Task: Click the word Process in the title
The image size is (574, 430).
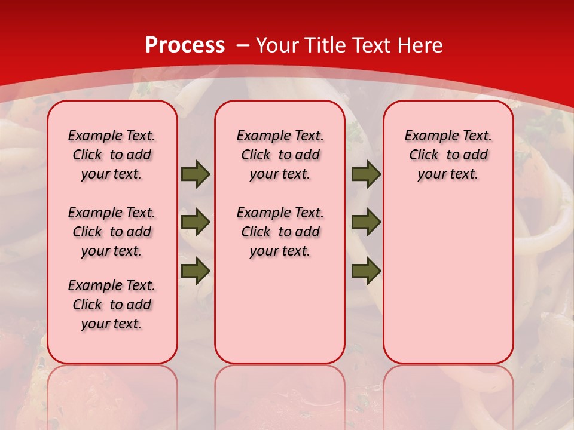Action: coord(185,45)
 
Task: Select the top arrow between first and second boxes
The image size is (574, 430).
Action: coord(195,174)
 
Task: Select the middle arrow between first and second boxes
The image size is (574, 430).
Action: coord(195,222)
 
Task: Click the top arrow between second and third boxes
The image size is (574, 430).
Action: coord(366,174)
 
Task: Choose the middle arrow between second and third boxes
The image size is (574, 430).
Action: coord(366,222)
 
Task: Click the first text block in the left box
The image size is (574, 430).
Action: coord(112,155)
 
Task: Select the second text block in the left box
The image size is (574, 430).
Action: coord(112,232)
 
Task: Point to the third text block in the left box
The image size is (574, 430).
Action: coord(112,305)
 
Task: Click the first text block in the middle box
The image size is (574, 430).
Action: coord(280,155)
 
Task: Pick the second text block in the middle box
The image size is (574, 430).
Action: coord(280,232)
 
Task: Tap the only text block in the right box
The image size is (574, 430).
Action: coord(448,155)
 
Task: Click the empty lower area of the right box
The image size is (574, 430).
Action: coord(448,281)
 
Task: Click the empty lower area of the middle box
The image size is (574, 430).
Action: coord(280,311)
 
